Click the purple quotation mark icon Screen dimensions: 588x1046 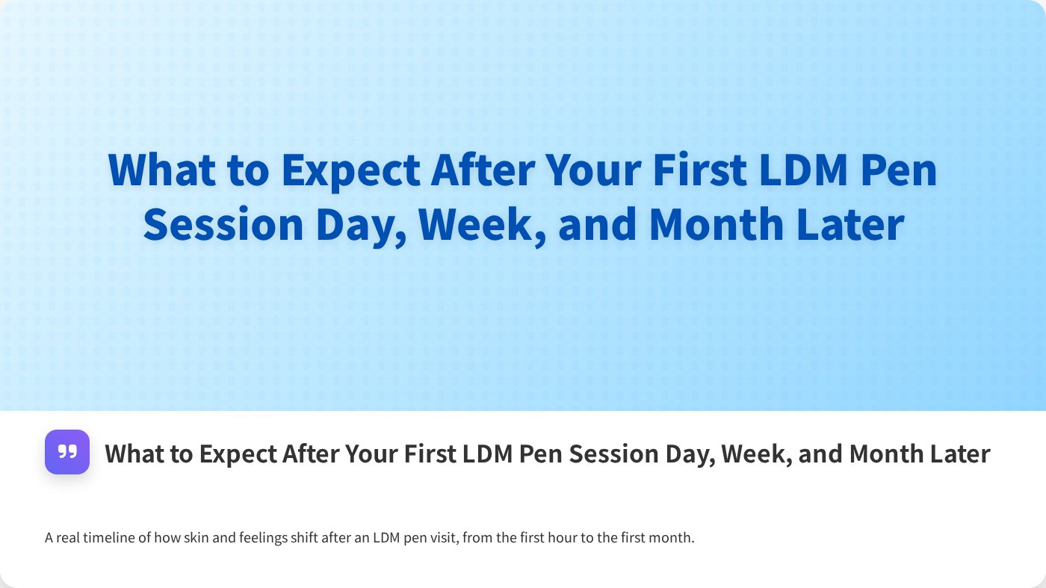point(67,452)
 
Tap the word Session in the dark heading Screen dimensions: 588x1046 point(602,454)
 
